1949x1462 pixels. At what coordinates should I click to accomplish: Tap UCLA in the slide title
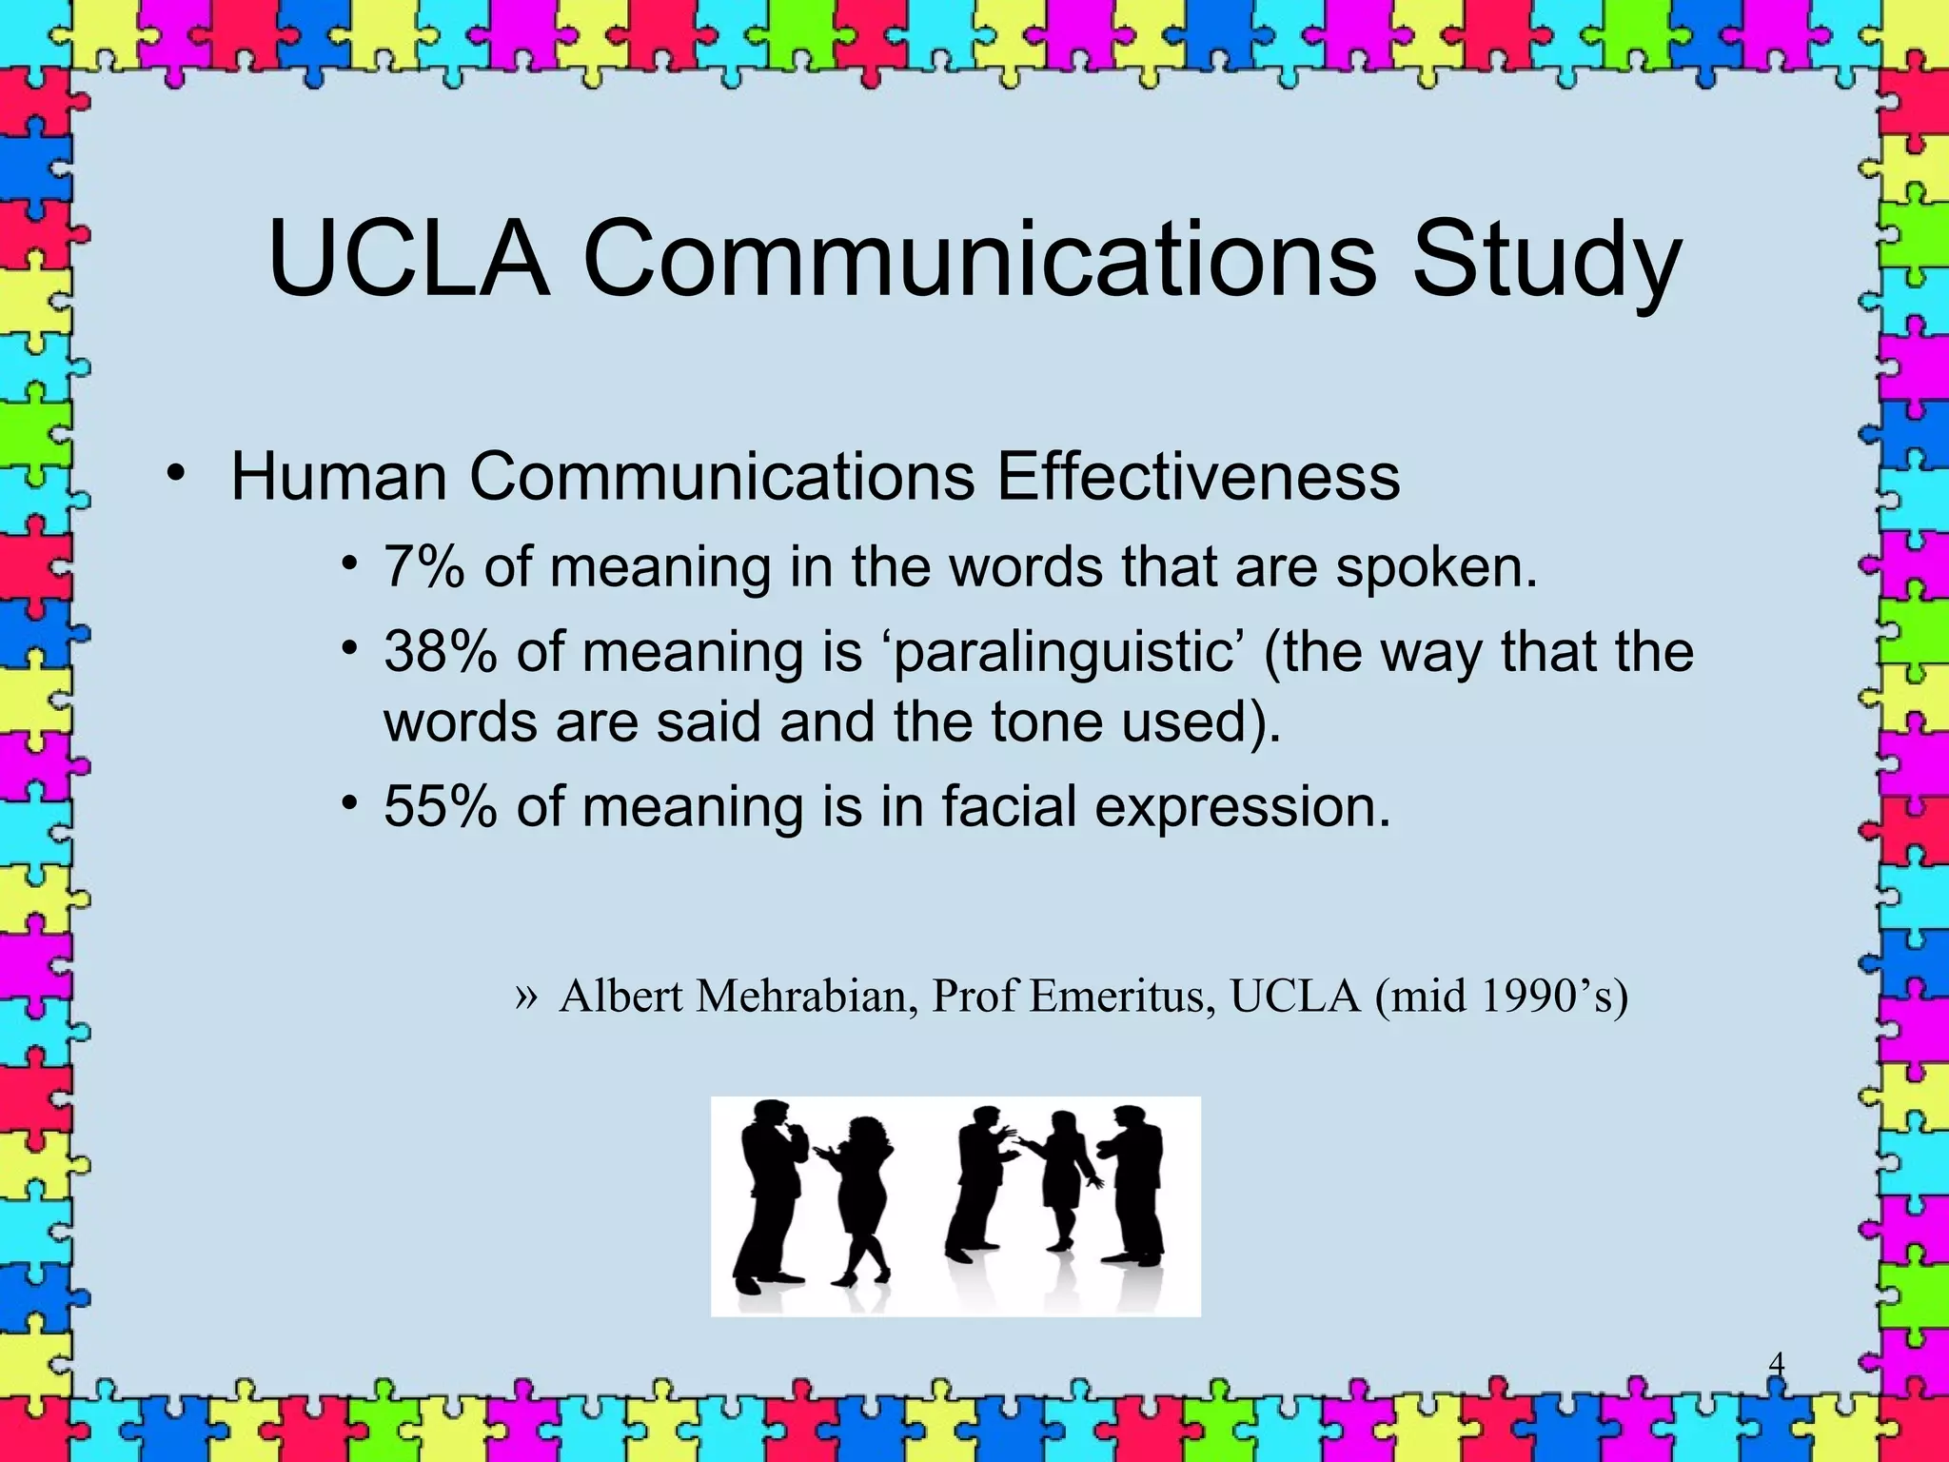click(x=409, y=259)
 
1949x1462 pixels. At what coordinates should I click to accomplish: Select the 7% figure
click(x=424, y=567)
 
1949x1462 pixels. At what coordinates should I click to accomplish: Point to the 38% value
click(x=441, y=653)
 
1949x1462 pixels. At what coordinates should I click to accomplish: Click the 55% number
click(x=441, y=807)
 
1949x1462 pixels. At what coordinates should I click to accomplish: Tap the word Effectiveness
click(x=1197, y=476)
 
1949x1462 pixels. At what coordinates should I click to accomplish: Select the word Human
click(x=339, y=476)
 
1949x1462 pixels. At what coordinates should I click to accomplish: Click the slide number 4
click(x=1776, y=1364)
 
